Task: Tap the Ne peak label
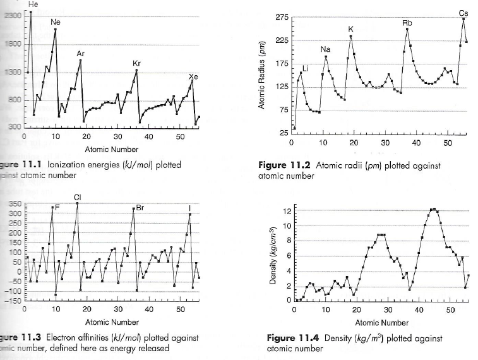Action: click(x=56, y=22)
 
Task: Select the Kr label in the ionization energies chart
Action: click(x=136, y=64)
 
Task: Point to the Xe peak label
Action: click(x=193, y=76)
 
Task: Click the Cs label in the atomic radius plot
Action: click(x=463, y=13)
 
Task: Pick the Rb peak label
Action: click(x=407, y=23)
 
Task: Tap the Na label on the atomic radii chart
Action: click(x=325, y=49)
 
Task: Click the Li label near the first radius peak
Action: click(x=306, y=68)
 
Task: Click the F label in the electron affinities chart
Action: click(x=57, y=207)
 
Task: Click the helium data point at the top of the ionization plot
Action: click(x=30, y=13)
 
